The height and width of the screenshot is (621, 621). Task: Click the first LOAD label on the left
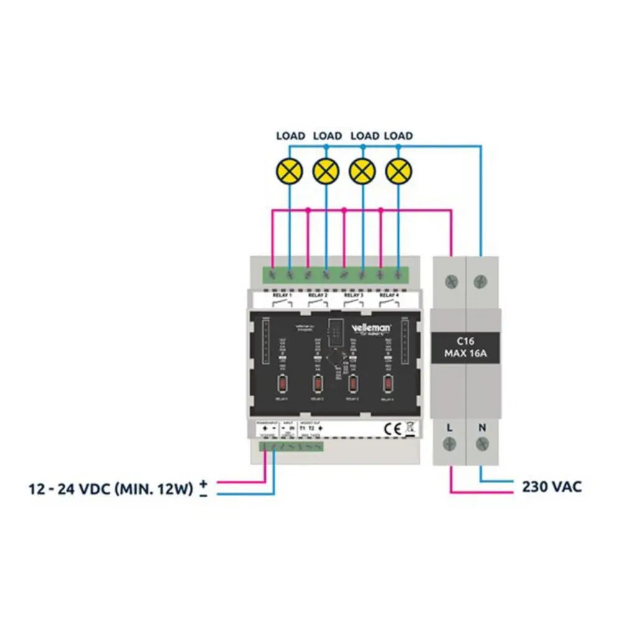tap(290, 135)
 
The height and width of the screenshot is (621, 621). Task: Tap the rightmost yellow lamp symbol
tap(399, 170)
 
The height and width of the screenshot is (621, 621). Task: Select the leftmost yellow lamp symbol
tap(289, 170)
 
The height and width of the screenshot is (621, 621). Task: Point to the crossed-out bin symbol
tap(409, 427)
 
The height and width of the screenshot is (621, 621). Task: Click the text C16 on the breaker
tap(466, 341)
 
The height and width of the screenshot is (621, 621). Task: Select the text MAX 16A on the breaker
tap(466, 354)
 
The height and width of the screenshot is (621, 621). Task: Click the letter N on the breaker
tap(482, 427)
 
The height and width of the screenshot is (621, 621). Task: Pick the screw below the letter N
tap(482, 444)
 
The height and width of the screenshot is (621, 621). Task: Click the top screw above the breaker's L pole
tap(451, 281)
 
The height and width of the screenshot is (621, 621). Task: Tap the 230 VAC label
tap(551, 486)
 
